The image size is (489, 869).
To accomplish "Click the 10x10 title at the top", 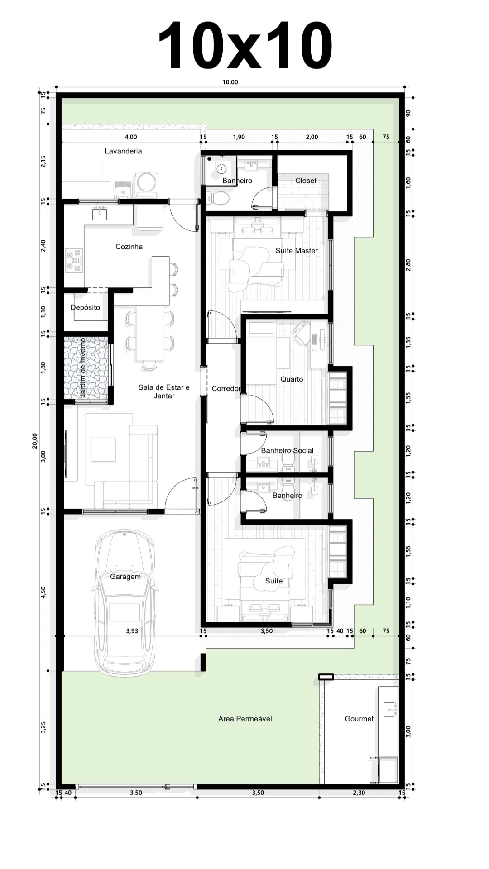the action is pyautogui.click(x=245, y=45).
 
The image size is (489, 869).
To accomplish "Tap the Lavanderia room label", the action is pyautogui.click(x=123, y=151).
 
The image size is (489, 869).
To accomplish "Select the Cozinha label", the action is pyautogui.click(x=129, y=247).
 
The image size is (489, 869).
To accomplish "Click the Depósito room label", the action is pyautogui.click(x=85, y=308).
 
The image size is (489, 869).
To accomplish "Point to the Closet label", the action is pyautogui.click(x=306, y=181).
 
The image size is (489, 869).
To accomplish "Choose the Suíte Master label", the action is pyautogui.click(x=297, y=251).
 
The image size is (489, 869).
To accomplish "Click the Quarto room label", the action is pyautogui.click(x=292, y=379).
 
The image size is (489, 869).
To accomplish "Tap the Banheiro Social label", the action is pyautogui.click(x=287, y=451).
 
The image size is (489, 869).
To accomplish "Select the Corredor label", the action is pyautogui.click(x=226, y=389).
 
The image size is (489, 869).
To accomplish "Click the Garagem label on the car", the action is pyautogui.click(x=125, y=577).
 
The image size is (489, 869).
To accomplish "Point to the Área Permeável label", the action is pyautogui.click(x=245, y=719).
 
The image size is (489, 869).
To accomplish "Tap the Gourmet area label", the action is pyautogui.click(x=359, y=719).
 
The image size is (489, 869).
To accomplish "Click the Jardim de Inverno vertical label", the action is pyautogui.click(x=83, y=368).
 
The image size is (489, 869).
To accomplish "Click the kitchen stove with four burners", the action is pyautogui.click(x=75, y=261).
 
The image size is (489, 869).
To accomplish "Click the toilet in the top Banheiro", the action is pyautogui.click(x=219, y=198).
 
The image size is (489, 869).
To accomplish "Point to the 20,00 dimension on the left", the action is pyautogui.click(x=35, y=440).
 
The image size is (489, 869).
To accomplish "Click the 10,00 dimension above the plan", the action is pyautogui.click(x=230, y=82).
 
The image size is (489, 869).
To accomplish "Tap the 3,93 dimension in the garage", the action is pyautogui.click(x=132, y=631).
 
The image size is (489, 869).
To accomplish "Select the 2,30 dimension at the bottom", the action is pyautogui.click(x=359, y=793).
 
